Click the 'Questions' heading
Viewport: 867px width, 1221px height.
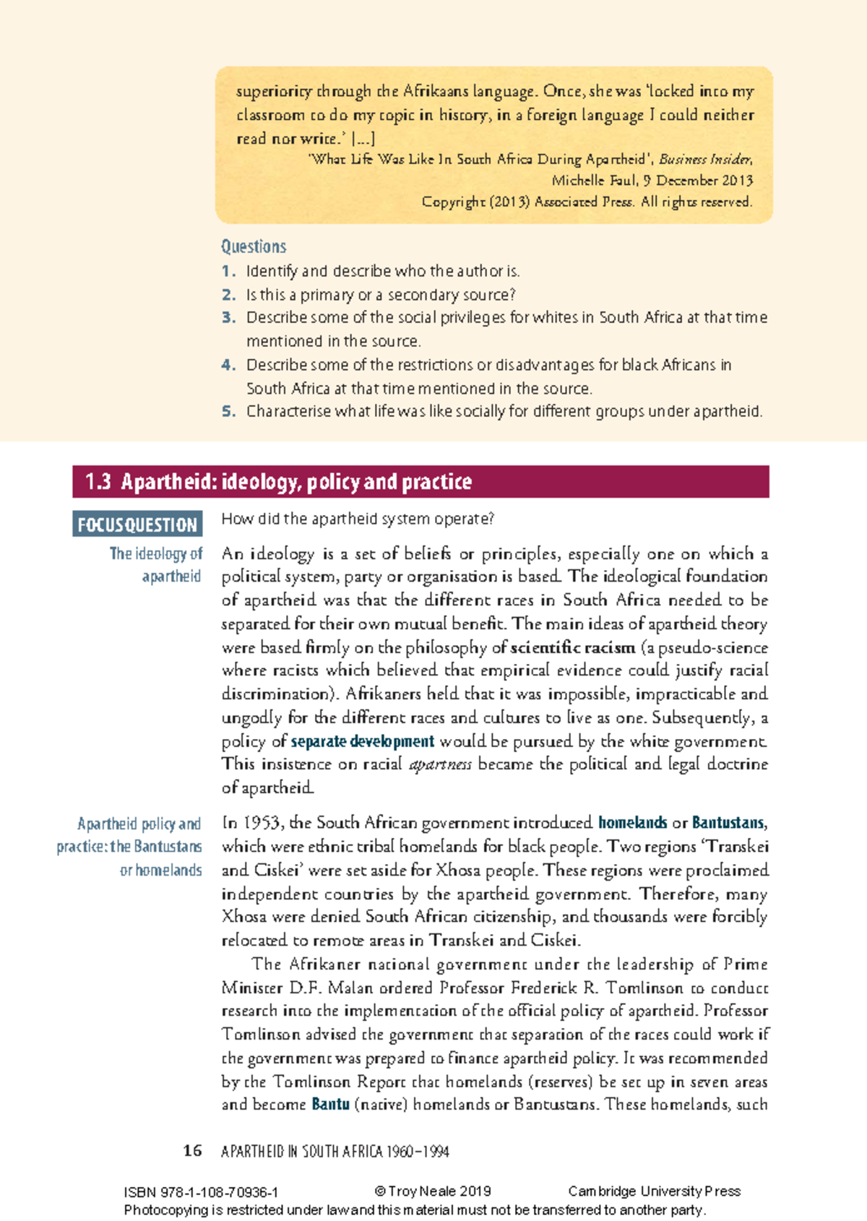coord(254,246)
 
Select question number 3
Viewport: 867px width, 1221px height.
coord(229,317)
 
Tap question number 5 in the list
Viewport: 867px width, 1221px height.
coord(229,411)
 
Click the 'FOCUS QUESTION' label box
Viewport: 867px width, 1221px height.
coord(137,525)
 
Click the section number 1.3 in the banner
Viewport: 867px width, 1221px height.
coord(98,482)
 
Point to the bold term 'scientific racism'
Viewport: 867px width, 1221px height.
coord(573,647)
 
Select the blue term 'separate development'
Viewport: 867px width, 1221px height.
coord(362,741)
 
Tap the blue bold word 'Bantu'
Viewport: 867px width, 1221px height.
coord(330,1104)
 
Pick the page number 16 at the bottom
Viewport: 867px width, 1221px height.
coord(192,1151)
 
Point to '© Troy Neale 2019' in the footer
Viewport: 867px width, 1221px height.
coord(433,1191)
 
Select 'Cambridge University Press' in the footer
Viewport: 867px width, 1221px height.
coord(655,1191)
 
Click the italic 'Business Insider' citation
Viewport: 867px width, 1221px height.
coord(705,159)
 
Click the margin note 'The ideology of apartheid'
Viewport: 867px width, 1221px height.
coord(156,564)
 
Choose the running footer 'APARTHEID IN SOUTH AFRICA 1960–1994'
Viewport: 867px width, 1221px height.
coord(335,1152)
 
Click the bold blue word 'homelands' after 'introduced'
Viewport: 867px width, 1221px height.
coord(632,823)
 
